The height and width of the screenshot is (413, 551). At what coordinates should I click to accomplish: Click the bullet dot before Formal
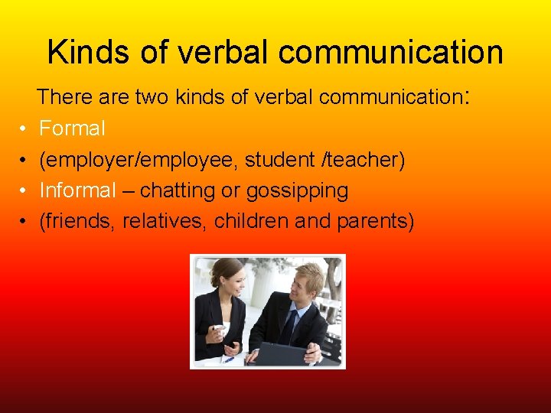point(24,129)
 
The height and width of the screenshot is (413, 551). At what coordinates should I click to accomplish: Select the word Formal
point(72,128)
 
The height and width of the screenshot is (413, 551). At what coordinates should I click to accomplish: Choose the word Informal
point(77,190)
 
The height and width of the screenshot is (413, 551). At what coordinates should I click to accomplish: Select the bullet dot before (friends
point(24,222)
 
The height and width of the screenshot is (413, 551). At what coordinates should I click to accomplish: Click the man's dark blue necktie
point(289,324)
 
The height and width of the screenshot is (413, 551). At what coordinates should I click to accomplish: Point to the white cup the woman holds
point(220,330)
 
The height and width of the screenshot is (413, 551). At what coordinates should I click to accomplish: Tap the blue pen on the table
point(227,359)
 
